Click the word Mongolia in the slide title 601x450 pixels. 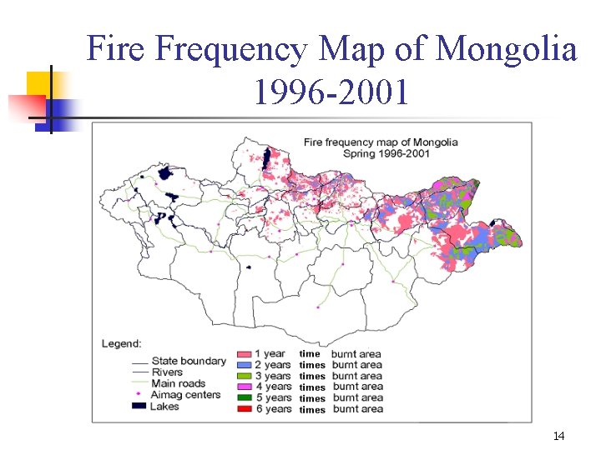[x=507, y=50]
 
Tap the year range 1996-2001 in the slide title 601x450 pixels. [x=331, y=93]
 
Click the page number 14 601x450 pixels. [x=558, y=436]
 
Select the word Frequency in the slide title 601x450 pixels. [x=231, y=50]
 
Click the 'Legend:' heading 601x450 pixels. [x=122, y=343]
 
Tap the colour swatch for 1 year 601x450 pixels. [x=245, y=354]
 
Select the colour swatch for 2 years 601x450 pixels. [x=245, y=365]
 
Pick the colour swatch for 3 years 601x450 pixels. [x=245, y=376]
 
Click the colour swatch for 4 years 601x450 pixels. [x=245, y=387]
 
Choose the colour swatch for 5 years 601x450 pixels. [x=245, y=397]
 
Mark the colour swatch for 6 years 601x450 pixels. [x=245, y=408]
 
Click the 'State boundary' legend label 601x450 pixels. [x=189, y=361]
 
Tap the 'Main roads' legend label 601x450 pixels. [x=179, y=383]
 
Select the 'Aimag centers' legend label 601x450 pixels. [x=186, y=394]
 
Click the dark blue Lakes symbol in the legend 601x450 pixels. [x=139, y=406]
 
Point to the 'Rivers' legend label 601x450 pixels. [x=168, y=372]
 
